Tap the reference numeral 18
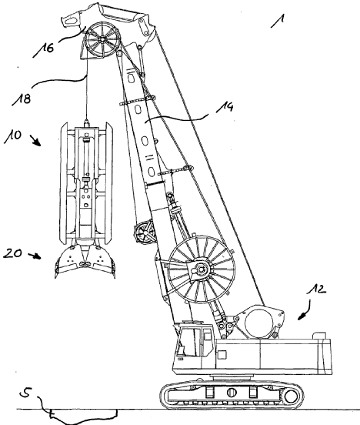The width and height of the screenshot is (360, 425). (x=22, y=99)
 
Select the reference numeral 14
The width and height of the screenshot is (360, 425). (x=225, y=107)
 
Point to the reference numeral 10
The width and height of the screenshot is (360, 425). (x=12, y=136)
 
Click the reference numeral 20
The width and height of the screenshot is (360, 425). (x=12, y=253)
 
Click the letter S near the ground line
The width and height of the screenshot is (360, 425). (x=27, y=393)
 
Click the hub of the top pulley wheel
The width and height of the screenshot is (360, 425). (x=102, y=39)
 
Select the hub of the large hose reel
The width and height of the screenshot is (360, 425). (x=201, y=269)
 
